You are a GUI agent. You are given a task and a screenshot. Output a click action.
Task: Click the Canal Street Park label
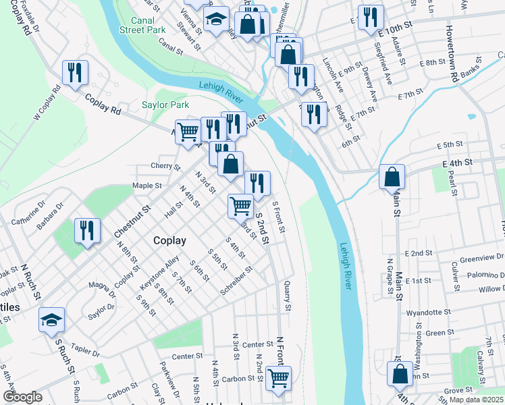tap(142, 26)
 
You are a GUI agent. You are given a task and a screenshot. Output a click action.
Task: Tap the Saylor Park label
tap(165, 105)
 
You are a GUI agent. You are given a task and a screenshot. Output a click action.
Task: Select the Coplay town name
tap(169, 240)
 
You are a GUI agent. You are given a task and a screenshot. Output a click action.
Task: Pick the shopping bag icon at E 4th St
tap(392, 178)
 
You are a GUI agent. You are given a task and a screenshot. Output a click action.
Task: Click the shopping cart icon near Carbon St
tap(278, 379)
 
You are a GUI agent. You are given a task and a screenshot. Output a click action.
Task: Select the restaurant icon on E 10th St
tap(371, 18)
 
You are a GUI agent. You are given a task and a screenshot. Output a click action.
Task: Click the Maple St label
tap(147, 186)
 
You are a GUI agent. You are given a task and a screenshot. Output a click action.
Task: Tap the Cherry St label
tap(165, 166)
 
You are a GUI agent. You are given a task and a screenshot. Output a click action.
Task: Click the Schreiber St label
tap(236, 280)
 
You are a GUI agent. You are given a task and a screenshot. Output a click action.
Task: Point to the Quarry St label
tap(288, 296)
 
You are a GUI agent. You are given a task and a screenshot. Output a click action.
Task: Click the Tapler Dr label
tap(86, 353)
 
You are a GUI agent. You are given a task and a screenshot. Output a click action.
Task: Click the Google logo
tap(22, 397)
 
